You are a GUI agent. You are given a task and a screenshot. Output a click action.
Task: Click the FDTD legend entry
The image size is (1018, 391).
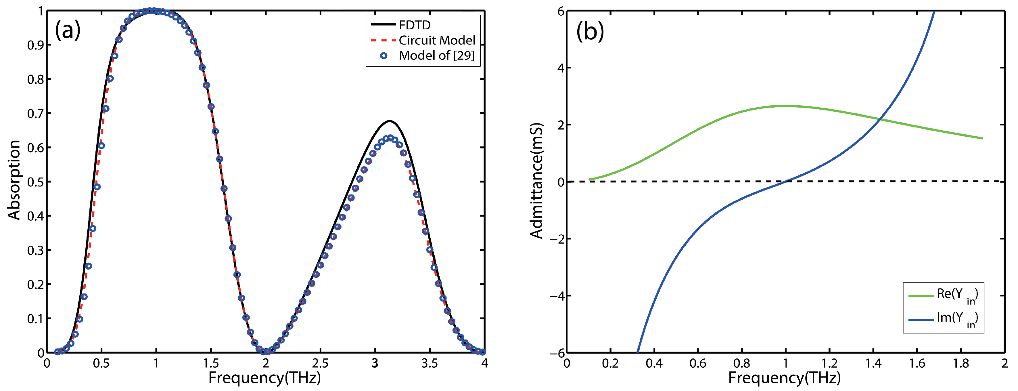point(414,25)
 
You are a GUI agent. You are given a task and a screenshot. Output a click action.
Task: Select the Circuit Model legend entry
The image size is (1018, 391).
point(436,40)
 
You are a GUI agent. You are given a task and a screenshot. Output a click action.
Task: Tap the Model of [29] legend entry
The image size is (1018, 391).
point(436,56)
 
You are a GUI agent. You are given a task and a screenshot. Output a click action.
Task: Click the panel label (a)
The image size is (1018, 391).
point(68,30)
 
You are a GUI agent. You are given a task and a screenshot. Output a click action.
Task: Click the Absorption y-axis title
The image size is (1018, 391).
point(14,180)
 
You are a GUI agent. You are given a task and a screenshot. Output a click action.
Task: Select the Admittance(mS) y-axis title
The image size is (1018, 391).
point(537,181)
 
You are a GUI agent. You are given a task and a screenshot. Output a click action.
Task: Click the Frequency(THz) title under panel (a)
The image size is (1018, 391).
point(264,378)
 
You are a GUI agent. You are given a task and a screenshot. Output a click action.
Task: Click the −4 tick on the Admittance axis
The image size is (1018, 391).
point(557,296)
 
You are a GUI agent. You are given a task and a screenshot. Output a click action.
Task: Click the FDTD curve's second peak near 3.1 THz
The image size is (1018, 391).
point(389,121)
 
